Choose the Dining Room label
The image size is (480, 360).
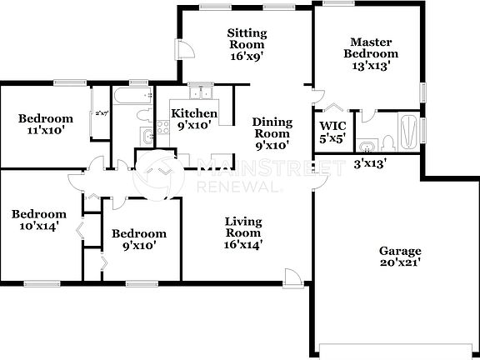(x=272, y=133)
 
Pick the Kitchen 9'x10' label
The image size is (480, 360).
(x=194, y=119)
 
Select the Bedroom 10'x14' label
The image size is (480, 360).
(x=38, y=221)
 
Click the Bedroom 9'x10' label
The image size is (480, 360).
(x=139, y=240)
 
